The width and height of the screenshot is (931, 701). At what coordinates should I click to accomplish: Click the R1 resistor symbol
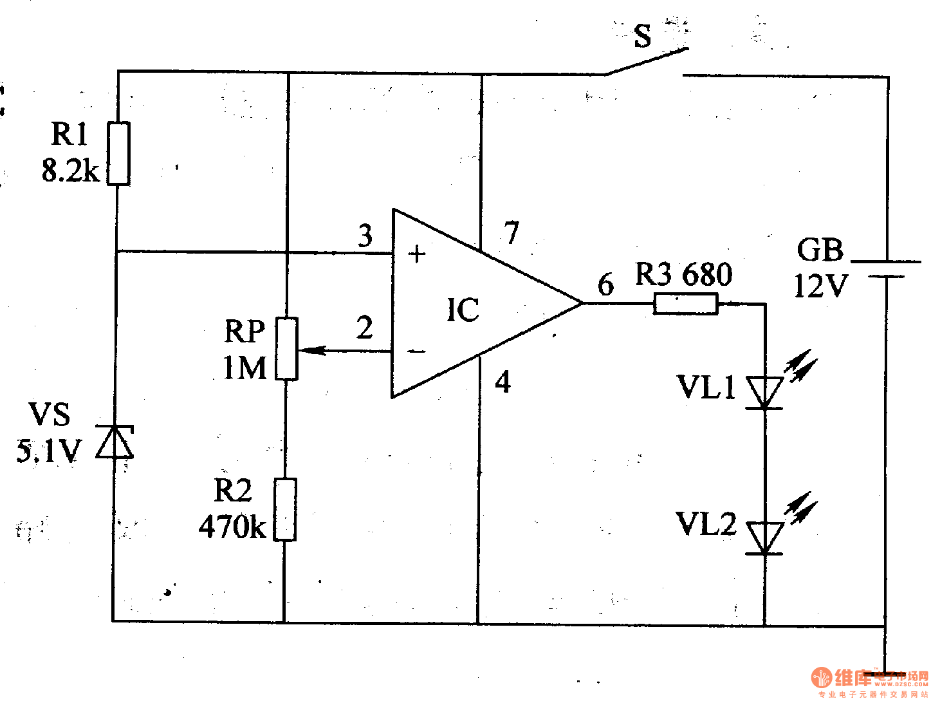118,153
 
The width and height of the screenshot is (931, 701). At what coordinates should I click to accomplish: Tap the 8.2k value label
70,171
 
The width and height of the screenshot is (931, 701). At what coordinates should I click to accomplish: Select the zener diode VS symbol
115,442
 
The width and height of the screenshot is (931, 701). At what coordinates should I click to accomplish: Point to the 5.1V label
49,451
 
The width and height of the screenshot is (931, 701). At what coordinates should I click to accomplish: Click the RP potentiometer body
286,348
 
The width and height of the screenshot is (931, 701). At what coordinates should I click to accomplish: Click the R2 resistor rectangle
285,509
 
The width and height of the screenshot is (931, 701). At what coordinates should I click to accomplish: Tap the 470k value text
232,527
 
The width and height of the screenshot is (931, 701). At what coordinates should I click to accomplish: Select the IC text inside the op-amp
463,310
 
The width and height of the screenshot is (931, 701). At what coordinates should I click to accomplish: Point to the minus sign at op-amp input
417,351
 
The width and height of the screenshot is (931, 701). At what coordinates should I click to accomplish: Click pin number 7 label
512,232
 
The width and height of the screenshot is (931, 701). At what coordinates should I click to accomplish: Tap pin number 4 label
503,382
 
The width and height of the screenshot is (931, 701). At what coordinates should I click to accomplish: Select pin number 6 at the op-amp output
605,285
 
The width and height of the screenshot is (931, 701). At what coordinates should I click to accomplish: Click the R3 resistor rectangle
685,303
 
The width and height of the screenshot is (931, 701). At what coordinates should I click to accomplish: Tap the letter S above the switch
642,36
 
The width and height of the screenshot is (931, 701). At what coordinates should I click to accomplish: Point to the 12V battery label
820,286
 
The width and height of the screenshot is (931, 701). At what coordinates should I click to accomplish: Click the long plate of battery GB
886,262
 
